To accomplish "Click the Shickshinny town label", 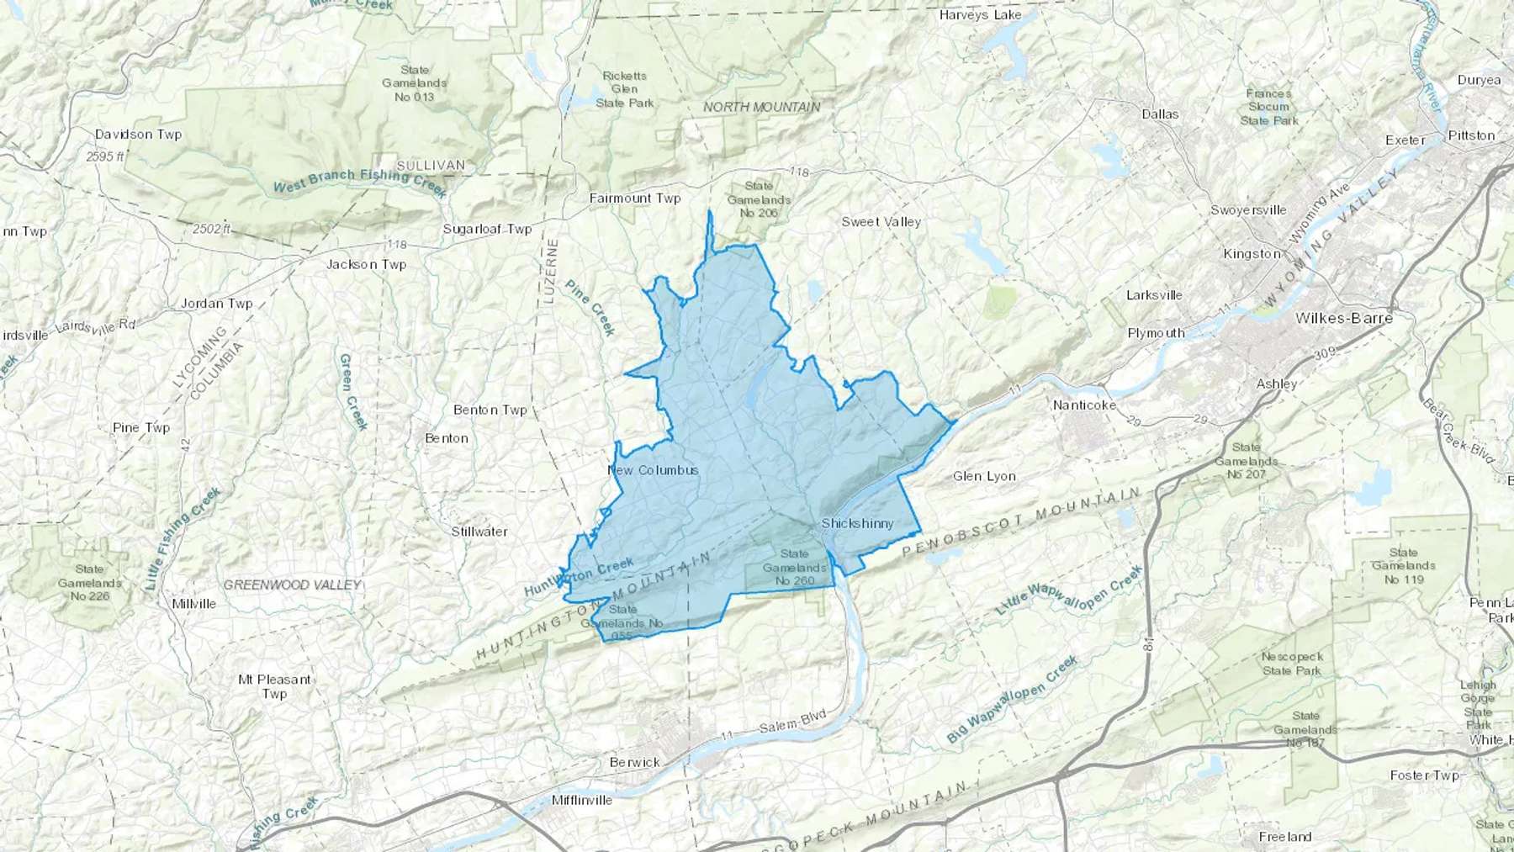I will (x=857, y=523).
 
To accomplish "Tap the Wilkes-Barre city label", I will (x=1344, y=318).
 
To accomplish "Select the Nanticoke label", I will (x=1085, y=405).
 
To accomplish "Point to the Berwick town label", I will (x=634, y=762).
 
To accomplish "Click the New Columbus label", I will (x=654, y=469).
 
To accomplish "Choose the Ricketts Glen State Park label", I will (x=625, y=89).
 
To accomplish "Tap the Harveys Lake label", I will (x=981, y=15).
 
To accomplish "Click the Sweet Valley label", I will (x=881, y=221).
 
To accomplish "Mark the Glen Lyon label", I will (x=984, y=476).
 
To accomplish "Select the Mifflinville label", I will (x=582, y=800).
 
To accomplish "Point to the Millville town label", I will (x=193, y=603).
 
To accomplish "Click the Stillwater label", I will (x=479, y=532).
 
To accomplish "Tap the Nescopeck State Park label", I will (x=1292, y=664).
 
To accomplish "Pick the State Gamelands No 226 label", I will (x=90, y=583).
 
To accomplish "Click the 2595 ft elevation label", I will (x=105, y=156).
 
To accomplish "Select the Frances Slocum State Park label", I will (x=1269, y=107).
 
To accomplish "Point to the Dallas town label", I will (x=1160, y=114).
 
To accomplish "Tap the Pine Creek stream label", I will (x=590, y=308).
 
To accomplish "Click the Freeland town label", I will (x=1285, y=836).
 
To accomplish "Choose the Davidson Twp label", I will (x=138, y=134).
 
